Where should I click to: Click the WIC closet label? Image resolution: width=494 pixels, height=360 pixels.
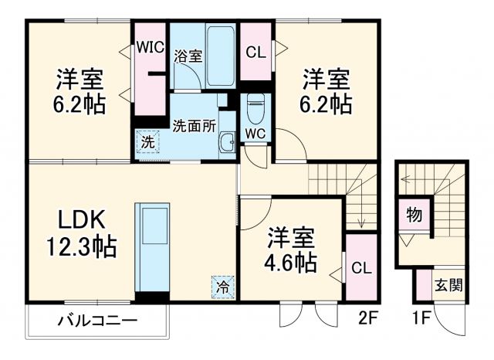(151, 46)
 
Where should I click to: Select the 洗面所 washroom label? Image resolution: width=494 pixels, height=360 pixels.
(194, 124)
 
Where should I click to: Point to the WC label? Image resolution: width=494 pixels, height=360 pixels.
(255, 134)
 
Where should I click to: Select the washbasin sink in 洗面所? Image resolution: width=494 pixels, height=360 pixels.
(226, 141)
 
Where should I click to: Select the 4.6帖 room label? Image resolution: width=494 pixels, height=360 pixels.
(292, 250)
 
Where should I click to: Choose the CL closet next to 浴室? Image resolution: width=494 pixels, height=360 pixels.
(255, 52)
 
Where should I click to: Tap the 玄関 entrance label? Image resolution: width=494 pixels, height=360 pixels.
(448, 286)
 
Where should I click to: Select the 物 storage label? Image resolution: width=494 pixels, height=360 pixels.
(414, 216)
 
